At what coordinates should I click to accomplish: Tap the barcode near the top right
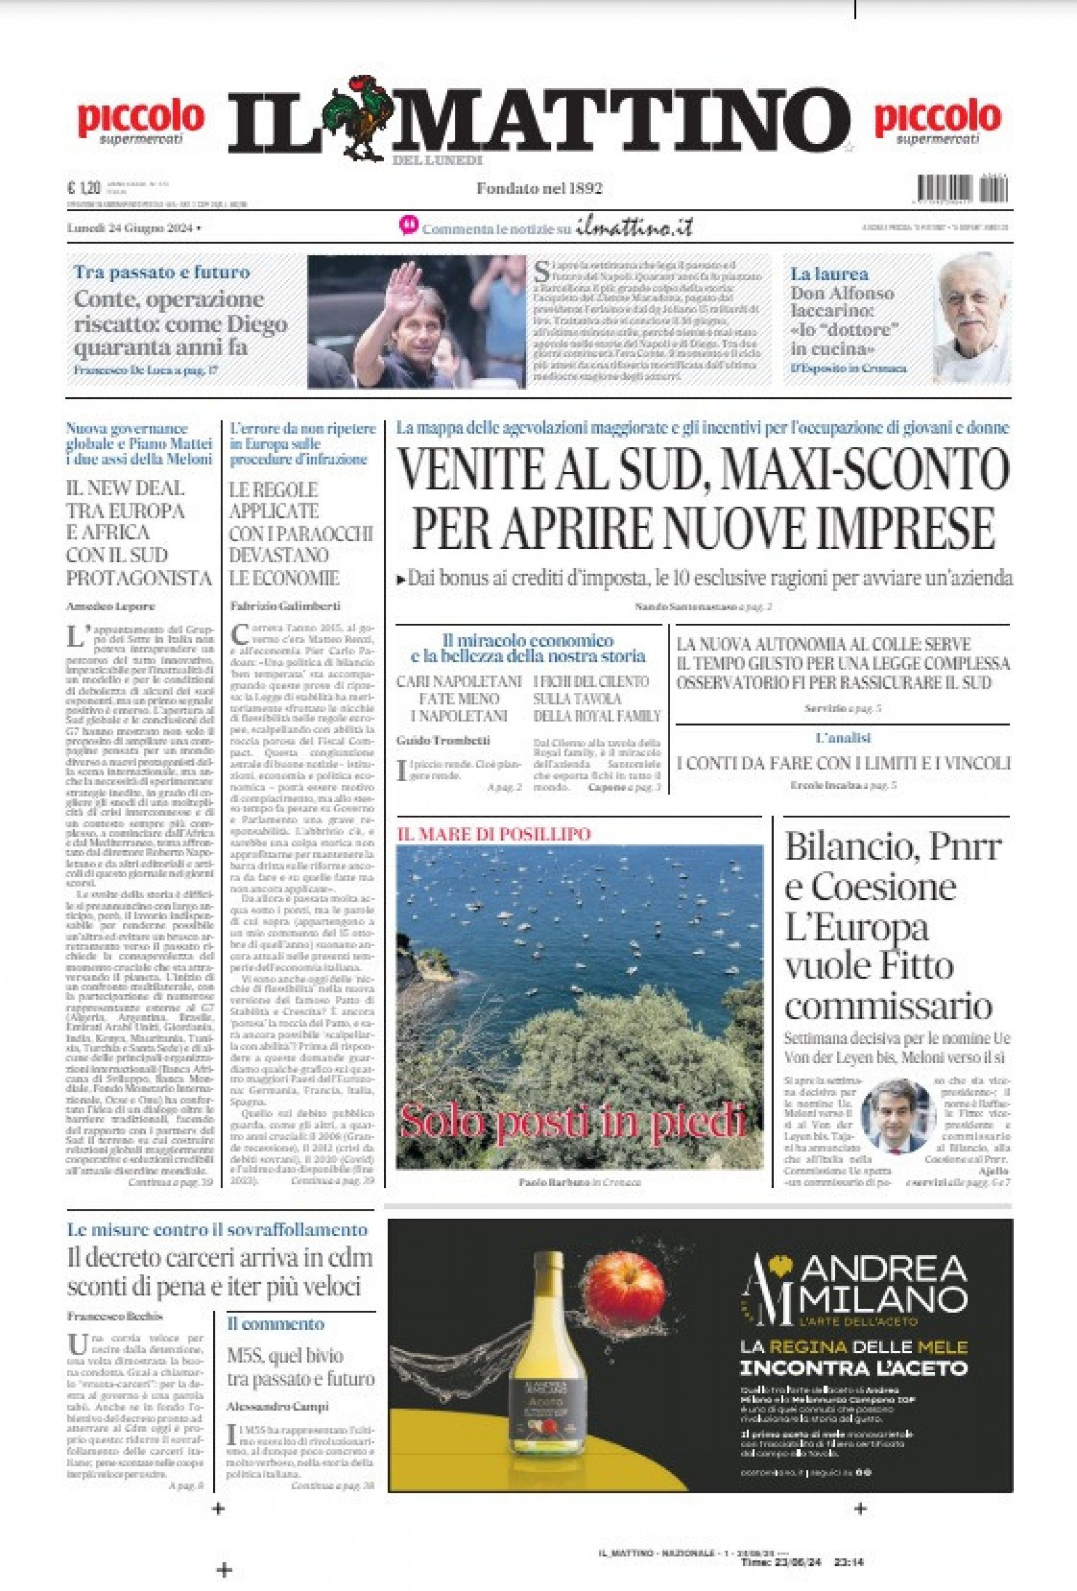(962, 189)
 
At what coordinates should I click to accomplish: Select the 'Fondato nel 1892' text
(539, 188)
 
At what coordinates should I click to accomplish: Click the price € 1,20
(84, 188)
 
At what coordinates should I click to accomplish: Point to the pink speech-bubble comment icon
(408, 226)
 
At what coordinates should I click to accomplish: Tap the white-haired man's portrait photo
(972, 319)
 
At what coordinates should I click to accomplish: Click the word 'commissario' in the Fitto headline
(888, 1006)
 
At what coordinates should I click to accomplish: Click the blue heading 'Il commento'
(275, 1324)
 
